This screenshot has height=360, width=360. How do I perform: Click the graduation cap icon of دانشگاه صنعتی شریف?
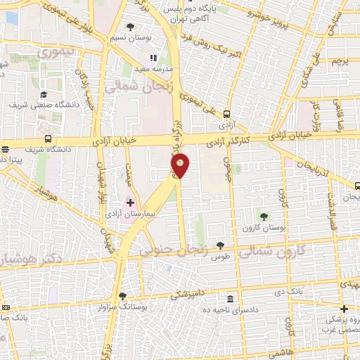point(44,94)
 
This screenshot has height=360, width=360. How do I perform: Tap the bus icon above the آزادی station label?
point(226,114)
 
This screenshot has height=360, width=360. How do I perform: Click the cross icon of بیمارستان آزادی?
point(130,202)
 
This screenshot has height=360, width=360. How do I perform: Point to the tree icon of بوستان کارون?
point(264,217)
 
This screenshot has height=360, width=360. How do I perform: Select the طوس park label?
point(221,257)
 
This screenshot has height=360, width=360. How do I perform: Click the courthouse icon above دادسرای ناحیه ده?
point(231,298)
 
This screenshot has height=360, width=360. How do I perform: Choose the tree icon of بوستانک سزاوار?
point(122,296)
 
